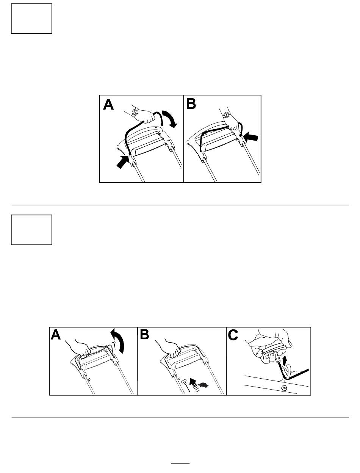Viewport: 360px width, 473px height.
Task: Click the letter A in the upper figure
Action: [108, 105]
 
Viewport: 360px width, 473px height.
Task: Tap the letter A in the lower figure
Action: [56, 335]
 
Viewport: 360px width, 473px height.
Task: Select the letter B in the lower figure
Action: [144, 335]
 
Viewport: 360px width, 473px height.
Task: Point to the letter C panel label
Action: [233, 335]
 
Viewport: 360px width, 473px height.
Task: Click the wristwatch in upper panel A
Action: [135, 112]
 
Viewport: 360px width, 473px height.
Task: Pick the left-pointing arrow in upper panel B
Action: [250, 137]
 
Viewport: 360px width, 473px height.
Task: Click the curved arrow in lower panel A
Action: [119, 341]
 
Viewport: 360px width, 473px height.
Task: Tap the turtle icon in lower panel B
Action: [203, 385]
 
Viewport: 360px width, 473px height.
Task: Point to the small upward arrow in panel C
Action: [285, 360]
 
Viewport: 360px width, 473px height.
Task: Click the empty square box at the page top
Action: [32, 19]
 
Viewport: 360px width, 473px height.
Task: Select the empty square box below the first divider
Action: [32, 230]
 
